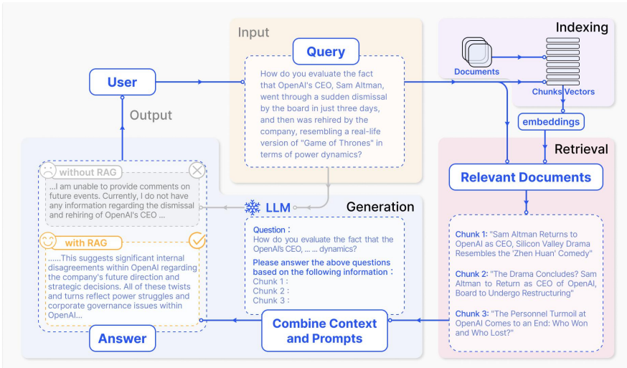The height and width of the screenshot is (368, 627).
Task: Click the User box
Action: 122,82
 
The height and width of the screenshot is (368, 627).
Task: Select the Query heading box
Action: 326,52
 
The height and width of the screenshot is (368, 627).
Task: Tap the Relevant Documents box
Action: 526,177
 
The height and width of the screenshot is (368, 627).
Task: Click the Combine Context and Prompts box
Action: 325,331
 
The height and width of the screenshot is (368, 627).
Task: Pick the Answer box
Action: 122,339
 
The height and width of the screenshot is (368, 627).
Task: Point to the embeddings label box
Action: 551,122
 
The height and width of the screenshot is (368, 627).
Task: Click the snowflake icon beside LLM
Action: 253,207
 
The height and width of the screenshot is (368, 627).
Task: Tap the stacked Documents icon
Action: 476,55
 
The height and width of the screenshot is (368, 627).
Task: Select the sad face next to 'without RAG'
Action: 48,171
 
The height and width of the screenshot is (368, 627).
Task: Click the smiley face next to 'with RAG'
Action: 48,242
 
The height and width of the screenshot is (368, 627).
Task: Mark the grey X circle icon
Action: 197,171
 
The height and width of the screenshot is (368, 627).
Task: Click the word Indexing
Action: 582,27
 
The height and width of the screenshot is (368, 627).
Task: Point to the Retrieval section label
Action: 581,149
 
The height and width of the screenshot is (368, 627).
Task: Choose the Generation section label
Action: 380,207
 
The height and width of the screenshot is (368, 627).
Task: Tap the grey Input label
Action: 254,32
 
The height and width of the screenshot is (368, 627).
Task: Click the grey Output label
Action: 151,115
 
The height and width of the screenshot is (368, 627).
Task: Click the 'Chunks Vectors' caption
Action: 562,92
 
